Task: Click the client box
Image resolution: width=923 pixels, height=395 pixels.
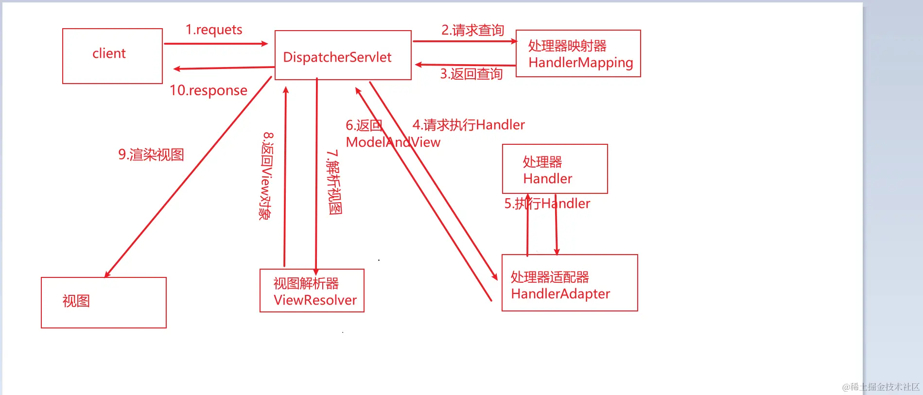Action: coord(112,56)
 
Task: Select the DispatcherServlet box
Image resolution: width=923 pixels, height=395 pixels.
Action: coord(343,55)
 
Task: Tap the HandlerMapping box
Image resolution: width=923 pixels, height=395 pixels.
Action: coord(578,53)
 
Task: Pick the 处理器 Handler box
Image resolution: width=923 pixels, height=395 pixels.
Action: coord(555,169)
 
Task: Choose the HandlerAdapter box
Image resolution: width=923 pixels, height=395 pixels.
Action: coord(569,283)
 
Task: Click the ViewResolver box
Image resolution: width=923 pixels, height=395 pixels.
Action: coord(312,291)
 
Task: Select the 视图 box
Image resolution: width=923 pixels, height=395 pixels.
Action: coord(104,303)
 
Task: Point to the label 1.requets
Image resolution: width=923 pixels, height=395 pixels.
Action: coord(214,30)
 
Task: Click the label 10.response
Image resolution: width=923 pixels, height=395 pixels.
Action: coord(208,90)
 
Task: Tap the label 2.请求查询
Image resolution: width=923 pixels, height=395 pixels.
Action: coord(472,30)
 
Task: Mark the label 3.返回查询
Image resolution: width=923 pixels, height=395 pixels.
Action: coord(471,74)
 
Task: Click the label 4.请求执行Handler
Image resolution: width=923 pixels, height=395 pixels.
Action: coord(469,125)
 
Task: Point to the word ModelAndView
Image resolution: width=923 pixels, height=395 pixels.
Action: coord(393,142)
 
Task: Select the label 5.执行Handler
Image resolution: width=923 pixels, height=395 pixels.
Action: coord(547,204)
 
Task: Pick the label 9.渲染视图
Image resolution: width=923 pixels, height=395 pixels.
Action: coord(151,155)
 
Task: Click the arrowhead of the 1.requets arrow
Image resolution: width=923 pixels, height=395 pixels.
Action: coord(265,44)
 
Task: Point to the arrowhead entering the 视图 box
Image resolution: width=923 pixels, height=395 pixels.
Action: coord(107,275)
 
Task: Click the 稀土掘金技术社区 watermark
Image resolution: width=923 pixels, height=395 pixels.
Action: coord(881,387)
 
